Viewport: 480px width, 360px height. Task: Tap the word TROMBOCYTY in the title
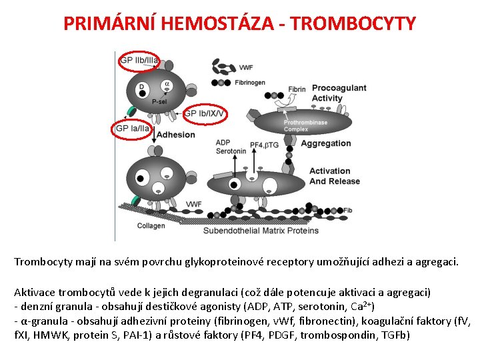(354, 23)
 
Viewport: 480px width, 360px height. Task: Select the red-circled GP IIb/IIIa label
(139, 61)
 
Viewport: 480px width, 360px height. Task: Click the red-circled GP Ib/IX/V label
(205, 113)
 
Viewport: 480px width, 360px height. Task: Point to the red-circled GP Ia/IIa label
(133, 128)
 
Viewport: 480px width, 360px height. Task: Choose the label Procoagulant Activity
(339, 93)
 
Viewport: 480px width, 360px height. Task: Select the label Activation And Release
(334, 176)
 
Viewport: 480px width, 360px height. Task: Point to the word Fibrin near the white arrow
(297, 89)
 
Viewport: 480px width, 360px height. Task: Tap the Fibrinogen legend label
(250, 83)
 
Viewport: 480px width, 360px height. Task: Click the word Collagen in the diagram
(151, 225)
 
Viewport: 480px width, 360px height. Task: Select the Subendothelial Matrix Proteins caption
(261, 231)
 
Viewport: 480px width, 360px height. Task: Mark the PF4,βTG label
(265, 145)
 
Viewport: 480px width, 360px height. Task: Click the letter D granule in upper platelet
(141, 87)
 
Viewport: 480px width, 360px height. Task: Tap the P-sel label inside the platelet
(159, 102)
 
